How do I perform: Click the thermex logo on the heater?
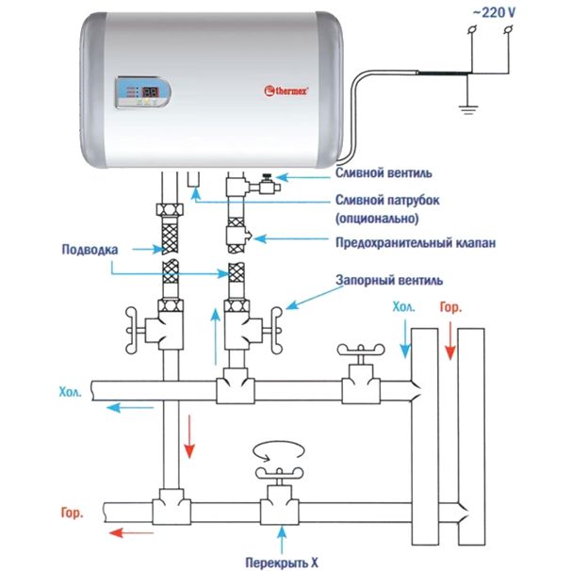(x=286, y=90)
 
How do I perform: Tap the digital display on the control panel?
(x=150, y=91)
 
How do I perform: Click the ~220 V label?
(x=494, y=13)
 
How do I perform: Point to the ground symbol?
(x=468, y=109)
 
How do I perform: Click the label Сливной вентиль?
(x=383, y=172)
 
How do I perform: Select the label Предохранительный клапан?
(x=416, y=242)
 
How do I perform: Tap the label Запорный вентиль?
(x=389, y=280)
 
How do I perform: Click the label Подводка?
(x=90, y=250)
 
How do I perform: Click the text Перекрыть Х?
(x=282, y=563)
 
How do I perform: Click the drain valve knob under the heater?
(x=268, y=177)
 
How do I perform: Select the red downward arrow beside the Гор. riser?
(x=450, y=341)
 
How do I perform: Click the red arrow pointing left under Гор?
(x=132, y=532)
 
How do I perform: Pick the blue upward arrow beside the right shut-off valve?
(x=216, y=336)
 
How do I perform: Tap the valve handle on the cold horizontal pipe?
(x=361, y=350)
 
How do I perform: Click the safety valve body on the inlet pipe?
(x=238, y=237)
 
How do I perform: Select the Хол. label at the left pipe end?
(x=71, y=392)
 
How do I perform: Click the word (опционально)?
(x=377, y=219)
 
